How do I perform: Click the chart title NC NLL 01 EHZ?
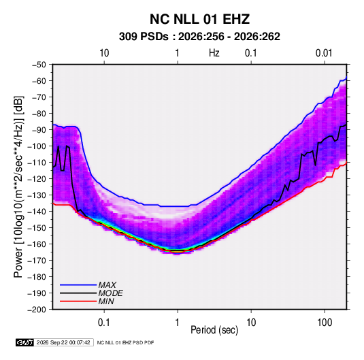199,19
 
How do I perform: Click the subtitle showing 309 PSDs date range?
199,37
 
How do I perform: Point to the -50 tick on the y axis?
39,65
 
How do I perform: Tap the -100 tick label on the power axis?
37,146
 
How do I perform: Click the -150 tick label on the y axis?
37,228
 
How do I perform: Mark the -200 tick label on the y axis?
37,310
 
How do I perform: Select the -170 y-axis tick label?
37,261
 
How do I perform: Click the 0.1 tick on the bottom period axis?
104,323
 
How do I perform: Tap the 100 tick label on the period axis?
325,323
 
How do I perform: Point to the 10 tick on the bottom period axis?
251,323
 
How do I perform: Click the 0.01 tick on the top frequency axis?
324,53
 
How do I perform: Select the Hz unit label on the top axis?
214,53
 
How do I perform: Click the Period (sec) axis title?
214,330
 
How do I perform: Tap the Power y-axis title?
18,187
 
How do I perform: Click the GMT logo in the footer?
25,342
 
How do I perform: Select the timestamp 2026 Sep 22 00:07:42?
63,342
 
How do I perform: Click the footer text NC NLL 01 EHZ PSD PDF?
125,342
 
